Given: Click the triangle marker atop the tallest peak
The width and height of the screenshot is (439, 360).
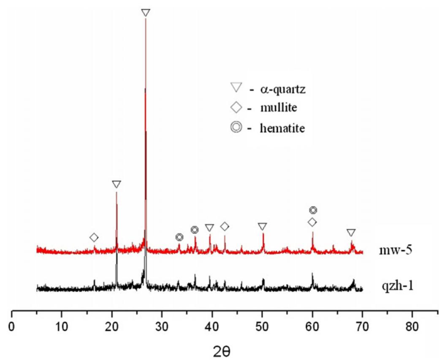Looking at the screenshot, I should [x=146, y=13].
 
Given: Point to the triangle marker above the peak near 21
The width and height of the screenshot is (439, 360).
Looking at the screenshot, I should [x=117, y=184].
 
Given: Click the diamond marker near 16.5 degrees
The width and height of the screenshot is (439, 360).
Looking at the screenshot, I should [x=94, y=238].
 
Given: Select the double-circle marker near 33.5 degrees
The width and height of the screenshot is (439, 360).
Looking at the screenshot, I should [x=179, y=237].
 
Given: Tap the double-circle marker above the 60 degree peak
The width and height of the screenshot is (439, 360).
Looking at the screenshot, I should [x=313, y=210].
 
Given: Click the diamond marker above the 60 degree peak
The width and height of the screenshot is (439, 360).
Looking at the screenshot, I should [x=312, y=222].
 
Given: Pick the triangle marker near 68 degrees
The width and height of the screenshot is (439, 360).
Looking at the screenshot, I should [x=351, y=233].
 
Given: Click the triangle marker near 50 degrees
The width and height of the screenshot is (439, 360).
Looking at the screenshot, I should [x=263, y=227].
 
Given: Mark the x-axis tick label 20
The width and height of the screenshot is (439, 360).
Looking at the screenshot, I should [x=112, y=328].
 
